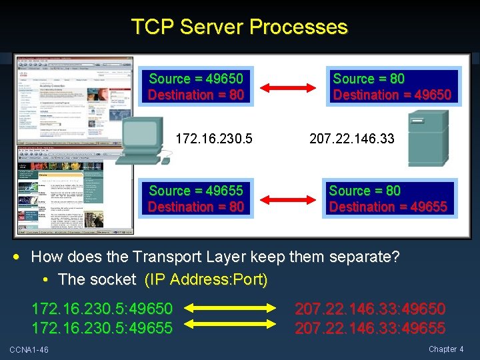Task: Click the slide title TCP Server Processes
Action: (x=239, y=27)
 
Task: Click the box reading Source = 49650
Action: (x=196, y=87)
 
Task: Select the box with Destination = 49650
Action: (x=392, y=87)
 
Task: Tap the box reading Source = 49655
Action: (x=196, y=199)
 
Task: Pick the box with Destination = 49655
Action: (x=388, y=199)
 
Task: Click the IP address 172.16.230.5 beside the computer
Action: (x=214, y=139)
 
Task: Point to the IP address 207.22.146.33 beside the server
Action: (x=351, y=139)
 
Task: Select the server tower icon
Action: (x=427, y=137)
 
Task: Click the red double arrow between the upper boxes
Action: (x=288, y=87)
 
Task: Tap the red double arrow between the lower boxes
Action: (x=288, y=199)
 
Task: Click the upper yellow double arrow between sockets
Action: (x=233, y=309)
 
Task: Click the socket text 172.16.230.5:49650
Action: (x=102, y=309)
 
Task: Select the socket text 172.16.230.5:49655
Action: (x=102, y=327)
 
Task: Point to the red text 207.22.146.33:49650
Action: (x=370, y=309)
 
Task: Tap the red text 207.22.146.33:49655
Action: (x=370, y=327)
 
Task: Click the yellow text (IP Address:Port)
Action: (x=206, y=279)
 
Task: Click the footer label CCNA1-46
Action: (x=29, y=350)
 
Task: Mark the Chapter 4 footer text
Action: (x=447, y=349)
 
